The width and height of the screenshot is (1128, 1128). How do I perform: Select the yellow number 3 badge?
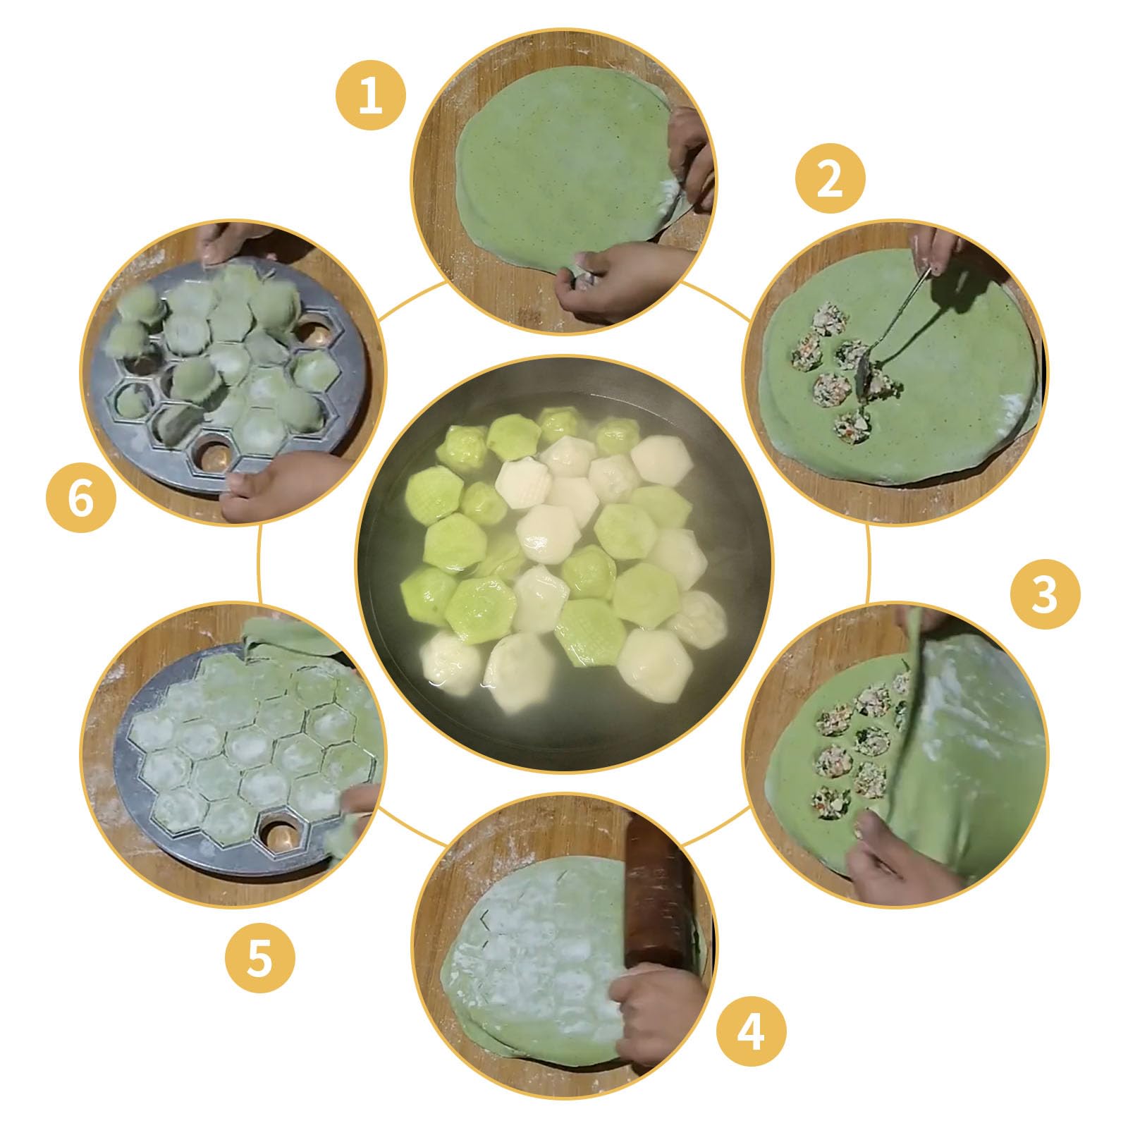tap(1045, 594)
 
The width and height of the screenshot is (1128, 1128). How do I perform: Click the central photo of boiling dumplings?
tap(564, 563)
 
